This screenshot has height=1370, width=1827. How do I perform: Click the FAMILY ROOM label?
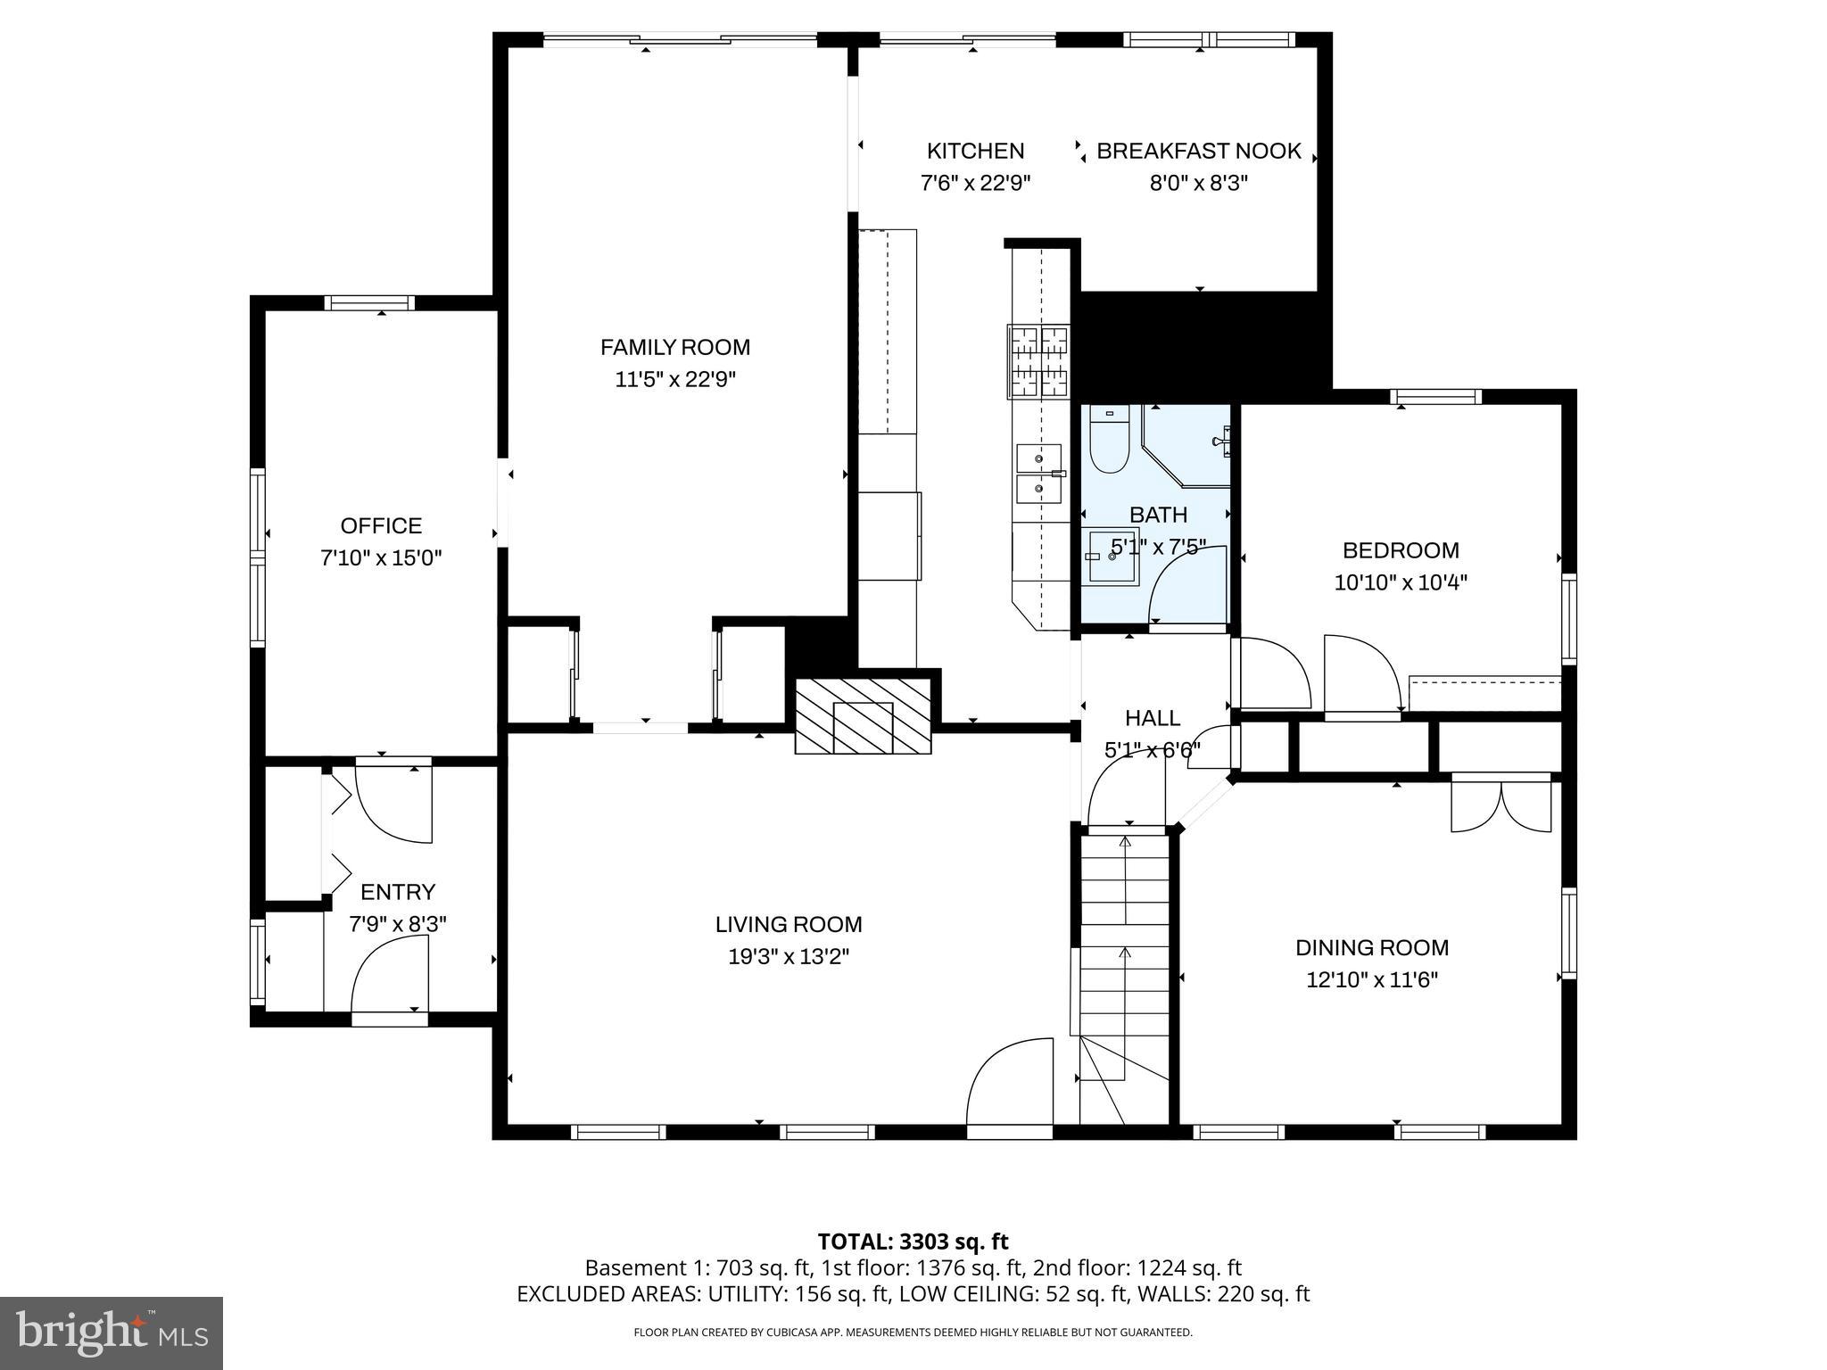point(674,347)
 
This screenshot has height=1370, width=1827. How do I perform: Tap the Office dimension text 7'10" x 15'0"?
point(381,558)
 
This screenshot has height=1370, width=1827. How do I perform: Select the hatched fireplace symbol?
point(863,716)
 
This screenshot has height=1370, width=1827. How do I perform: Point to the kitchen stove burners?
point(1038,361)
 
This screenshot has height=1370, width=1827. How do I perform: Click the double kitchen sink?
point(1039,474)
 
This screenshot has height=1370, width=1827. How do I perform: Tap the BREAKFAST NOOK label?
point(1198,151)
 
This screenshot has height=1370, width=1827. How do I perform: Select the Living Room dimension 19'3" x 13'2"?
point(789,957)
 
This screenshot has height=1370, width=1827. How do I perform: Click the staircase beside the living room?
point(1124,963)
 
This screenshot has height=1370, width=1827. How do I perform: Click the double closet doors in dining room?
point(1501,805)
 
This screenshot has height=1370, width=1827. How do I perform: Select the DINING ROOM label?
point(1372,947)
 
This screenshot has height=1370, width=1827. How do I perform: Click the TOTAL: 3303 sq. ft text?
point(913,1242)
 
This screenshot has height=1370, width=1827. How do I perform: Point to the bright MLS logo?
point(112,1333)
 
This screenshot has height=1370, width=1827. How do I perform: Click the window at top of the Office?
point(368,303)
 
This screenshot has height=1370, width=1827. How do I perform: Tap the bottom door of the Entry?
point(390,1018)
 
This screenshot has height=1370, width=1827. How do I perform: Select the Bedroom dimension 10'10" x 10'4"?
point(1401,582)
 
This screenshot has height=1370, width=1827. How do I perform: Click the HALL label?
point(1152,718)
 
